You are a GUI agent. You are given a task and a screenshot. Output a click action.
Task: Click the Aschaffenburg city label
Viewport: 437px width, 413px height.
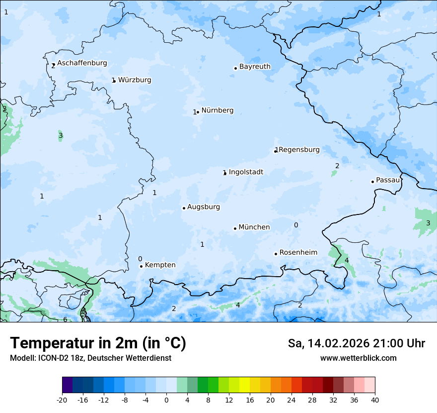click(82, 63)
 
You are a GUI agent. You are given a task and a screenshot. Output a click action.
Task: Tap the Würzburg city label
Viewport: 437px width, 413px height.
click(135, 80)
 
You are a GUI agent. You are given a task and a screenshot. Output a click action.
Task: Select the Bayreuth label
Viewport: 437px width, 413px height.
click(255, 67)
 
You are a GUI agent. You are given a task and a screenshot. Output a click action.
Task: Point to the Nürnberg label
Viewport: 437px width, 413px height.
click(217, 110)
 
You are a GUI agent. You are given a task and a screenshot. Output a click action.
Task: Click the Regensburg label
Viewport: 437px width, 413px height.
click(299, 150)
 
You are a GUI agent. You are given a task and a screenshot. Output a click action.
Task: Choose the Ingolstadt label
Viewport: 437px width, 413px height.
click(246, 172)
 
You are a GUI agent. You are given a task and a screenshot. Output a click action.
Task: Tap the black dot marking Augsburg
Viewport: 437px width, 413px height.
click(184, 208)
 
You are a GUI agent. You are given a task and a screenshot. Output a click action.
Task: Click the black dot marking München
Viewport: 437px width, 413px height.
click(235, 228)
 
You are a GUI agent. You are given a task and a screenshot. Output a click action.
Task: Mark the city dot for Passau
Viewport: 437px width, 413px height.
click(372, 182)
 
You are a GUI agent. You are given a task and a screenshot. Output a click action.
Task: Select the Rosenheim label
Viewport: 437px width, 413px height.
click(298, 253)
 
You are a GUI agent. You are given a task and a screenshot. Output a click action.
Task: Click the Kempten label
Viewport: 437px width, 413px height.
click(160, 265)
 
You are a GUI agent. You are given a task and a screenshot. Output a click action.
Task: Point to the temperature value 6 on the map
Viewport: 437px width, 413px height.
click(65, 319)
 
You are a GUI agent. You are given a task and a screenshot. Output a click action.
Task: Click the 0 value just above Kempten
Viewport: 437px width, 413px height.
click(140, 259)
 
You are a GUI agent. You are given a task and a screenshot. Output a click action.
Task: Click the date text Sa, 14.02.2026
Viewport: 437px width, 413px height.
click(328, 343)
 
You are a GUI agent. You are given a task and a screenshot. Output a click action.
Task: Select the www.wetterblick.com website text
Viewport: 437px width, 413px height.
click(358, 358)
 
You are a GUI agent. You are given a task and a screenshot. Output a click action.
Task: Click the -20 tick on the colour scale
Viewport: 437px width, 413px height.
click(62, 400)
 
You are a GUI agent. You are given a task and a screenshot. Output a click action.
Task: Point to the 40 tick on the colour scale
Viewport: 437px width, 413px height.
click(375, 400)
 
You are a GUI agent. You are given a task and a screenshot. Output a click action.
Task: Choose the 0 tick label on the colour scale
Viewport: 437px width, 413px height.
click(166, 400)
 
